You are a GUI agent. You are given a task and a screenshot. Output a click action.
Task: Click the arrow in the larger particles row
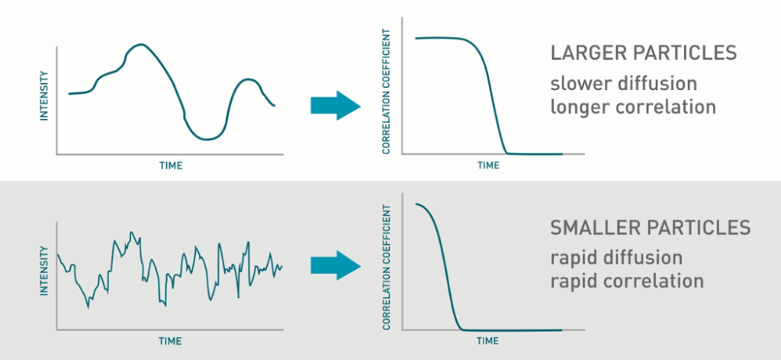coord(334,104)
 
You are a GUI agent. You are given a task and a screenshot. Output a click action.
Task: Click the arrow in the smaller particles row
coord(334,265)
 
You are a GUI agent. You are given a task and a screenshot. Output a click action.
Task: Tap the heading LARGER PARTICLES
coord(643,53)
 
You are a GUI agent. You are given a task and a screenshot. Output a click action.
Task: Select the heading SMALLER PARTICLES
coord(650,227)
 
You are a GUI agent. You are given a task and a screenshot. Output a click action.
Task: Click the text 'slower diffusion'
coord(623,82)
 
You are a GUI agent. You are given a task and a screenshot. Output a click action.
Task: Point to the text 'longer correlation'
coord(633,106)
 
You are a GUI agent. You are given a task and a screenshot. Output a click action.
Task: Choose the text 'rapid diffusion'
coord(615,256)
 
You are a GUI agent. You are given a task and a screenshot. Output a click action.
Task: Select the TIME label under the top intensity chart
coord(170,165)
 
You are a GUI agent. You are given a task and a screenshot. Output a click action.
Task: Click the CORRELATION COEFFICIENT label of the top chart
coord(387,92)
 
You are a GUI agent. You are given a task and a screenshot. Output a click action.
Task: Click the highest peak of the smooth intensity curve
coord(138,45)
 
